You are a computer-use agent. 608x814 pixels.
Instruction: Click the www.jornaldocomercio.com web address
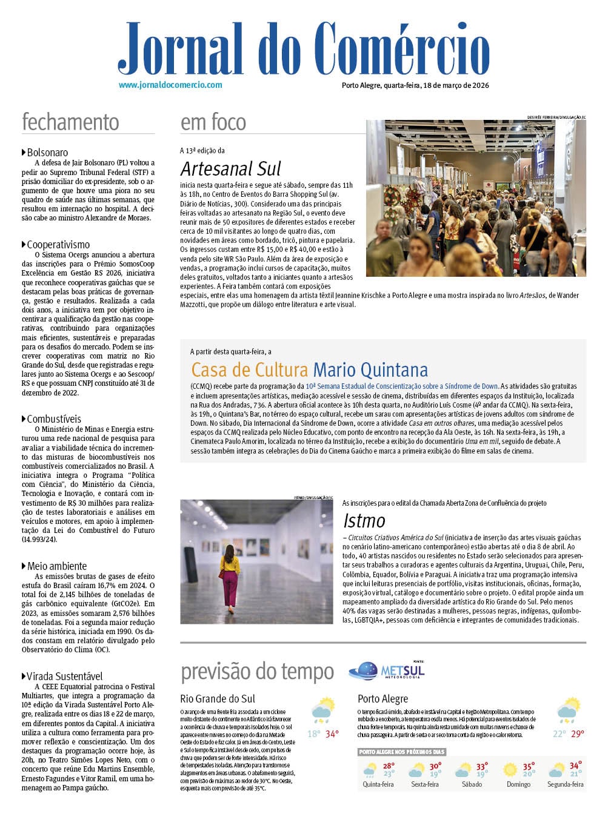[170, 85]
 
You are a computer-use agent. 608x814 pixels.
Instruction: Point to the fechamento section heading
[70, 122]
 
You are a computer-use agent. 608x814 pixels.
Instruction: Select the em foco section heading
[213, 122]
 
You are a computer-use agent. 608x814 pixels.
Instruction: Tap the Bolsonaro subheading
[47, 153]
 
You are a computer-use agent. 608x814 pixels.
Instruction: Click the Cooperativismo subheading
[58, 245]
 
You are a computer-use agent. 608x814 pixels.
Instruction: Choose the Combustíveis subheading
[54, 419]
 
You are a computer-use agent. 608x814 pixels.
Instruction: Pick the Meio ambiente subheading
[56, 566]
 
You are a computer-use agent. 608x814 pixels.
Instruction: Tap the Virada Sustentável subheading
[64, 677]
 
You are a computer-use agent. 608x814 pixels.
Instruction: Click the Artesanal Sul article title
[231, 168]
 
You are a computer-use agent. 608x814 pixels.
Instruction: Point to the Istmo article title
[364, 520]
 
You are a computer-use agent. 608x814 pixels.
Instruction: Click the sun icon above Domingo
[510, 770]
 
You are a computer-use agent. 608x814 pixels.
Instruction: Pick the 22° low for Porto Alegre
[558, 734]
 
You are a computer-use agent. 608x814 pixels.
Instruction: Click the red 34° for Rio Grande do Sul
[332, 734]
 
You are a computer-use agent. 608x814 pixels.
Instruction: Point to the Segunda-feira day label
[566, 784]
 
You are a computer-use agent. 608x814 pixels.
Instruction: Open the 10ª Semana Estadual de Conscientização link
[401, 386]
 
